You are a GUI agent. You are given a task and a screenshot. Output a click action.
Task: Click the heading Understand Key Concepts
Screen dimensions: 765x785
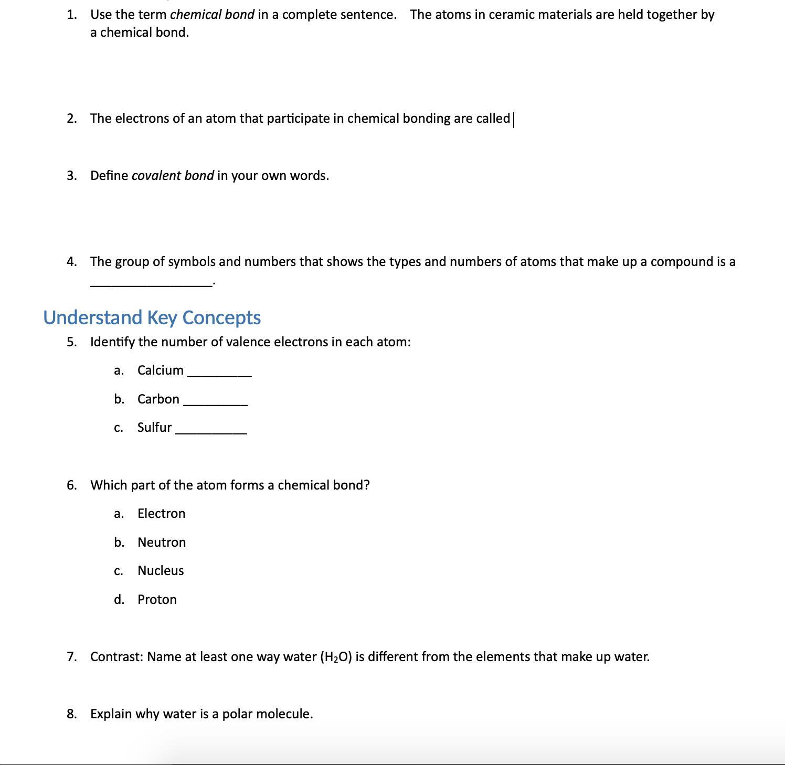coord(152,317)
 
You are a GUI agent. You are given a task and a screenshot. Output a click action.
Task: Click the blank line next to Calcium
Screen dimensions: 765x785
coord(219,374)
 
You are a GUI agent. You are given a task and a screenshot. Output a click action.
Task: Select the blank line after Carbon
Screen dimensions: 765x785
coord(215,403)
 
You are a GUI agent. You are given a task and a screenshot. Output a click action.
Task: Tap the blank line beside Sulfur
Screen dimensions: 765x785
coord(211,431)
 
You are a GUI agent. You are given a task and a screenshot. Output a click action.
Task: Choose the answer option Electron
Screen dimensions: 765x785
coord(161,514)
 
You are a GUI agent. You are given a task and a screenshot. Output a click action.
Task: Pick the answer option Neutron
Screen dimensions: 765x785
coord(162,543)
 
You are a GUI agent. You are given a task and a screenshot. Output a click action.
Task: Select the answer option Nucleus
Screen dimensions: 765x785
coord(161,571)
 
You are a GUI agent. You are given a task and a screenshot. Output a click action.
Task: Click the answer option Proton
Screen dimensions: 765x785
coord(157,600)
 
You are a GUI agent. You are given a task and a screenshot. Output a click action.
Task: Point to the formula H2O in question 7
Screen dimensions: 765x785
coord(335,657)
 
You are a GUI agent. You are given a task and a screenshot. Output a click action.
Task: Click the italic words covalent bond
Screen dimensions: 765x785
coord(173,176)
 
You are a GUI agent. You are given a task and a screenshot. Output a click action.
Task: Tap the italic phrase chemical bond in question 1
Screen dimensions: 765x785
coord(212,15)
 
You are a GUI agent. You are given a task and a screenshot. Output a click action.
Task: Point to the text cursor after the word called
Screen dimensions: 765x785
coord(514,120)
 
